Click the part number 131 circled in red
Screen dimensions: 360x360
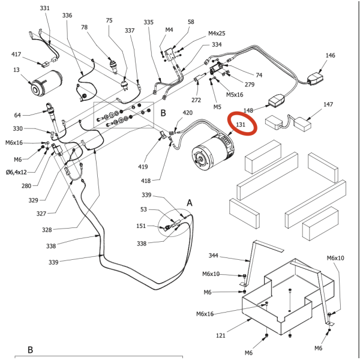pos(241,125)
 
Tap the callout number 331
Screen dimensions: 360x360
pos(45,8)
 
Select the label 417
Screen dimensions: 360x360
pos(17,55)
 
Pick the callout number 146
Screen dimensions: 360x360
pos(330,55)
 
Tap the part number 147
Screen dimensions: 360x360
pos(328,104)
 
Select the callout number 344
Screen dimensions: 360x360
pos(214,256)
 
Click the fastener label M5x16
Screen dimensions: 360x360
pos(235,94)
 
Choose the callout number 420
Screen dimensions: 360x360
pos(187,113)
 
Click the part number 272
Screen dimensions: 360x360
pos(196,100)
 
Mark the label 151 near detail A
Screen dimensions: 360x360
pos(141,226)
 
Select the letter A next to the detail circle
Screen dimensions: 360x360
pos(189,203)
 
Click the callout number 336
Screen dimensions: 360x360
pos(67,15)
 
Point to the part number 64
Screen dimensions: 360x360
pos(17,115)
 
